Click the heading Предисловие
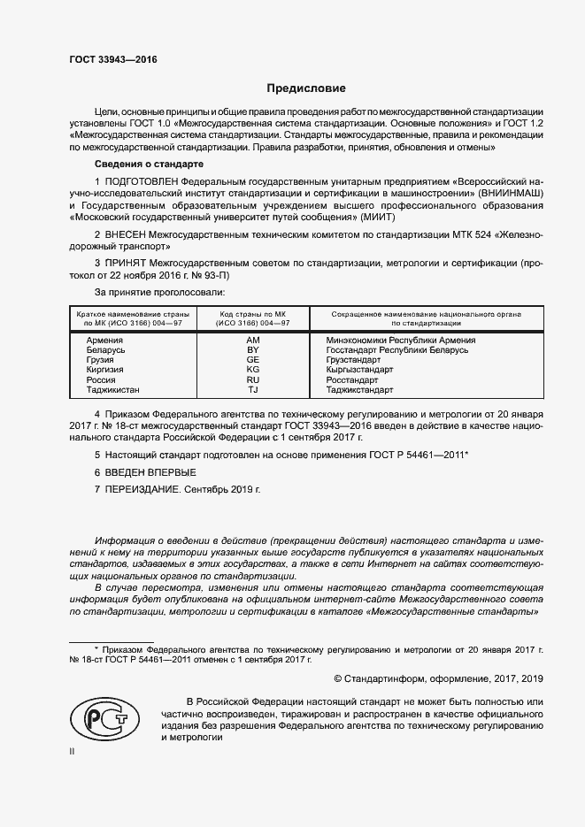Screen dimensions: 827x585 point(307,88)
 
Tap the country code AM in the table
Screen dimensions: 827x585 point(252,340)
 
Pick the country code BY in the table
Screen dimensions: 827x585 point(252,350)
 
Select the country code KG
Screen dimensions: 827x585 point(252,370)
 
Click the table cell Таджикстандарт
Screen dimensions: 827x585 point(360,389)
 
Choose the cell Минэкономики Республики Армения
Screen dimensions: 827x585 point(400,340)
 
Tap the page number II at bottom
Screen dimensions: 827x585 point(73,750)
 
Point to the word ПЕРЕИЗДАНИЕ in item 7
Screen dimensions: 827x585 point(145,488)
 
